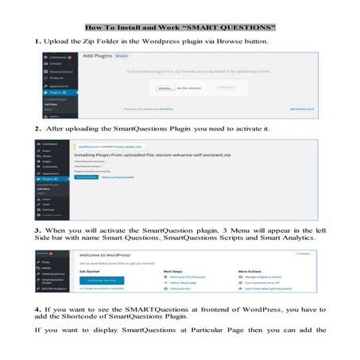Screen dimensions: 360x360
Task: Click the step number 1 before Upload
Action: pos(37,40)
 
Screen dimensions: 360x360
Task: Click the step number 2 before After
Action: pos(37,127)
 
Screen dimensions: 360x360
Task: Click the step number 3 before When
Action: pos(37,230)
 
